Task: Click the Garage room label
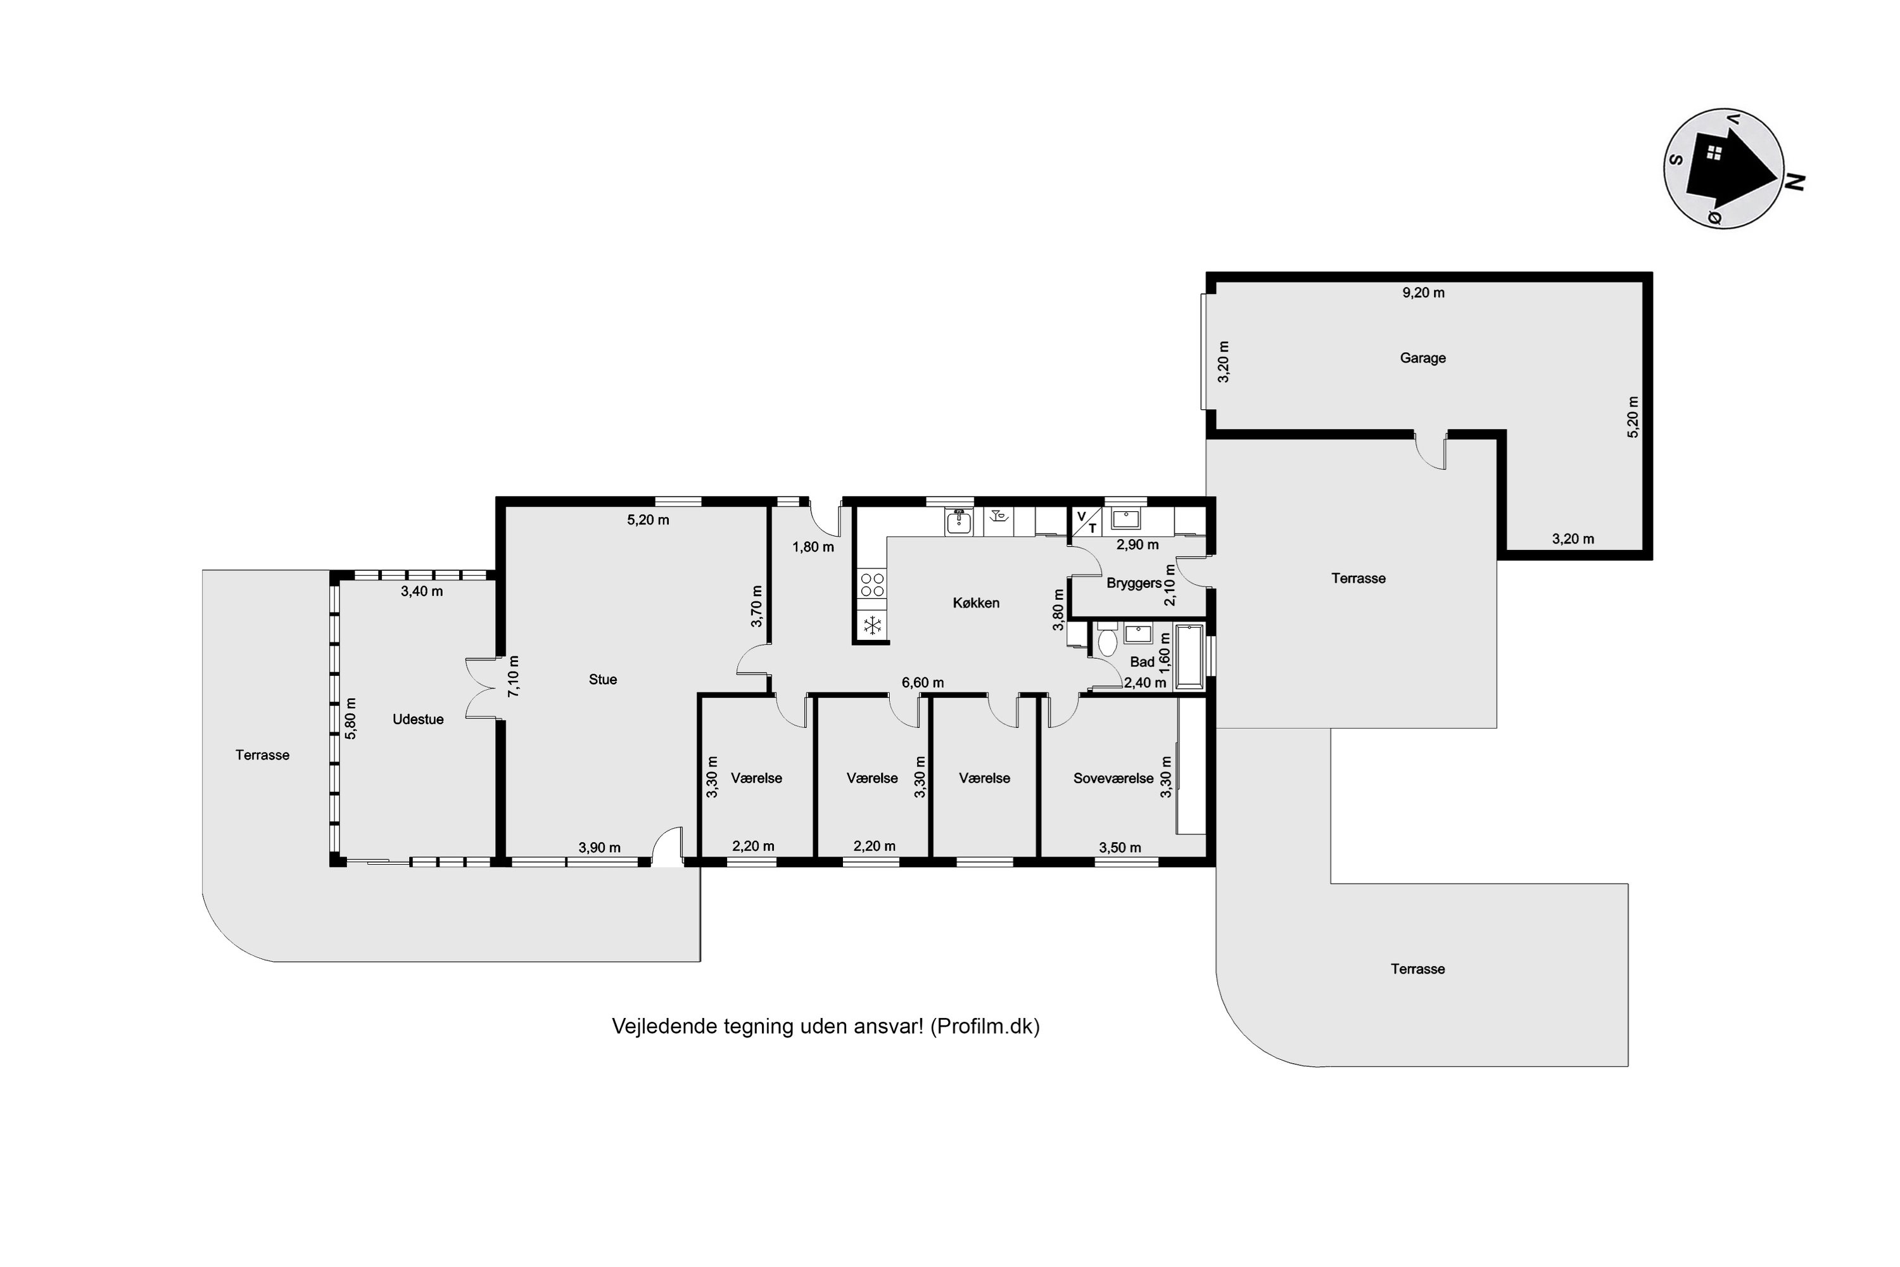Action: (1422, 358)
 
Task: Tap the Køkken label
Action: (976, 603)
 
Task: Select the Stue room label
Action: (603, 680)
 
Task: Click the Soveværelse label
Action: (1113, 778)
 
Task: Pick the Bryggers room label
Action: (1134, 583)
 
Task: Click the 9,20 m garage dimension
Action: (1423, 293)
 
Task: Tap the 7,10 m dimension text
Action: (513, 677)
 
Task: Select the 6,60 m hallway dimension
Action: (923, 683)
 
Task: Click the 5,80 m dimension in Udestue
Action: (351, 718)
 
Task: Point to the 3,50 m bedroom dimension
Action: (1120, 848)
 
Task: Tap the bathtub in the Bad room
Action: (1189, 656)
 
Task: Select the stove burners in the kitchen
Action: (873, 585)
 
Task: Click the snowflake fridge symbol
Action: (873, 625)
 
